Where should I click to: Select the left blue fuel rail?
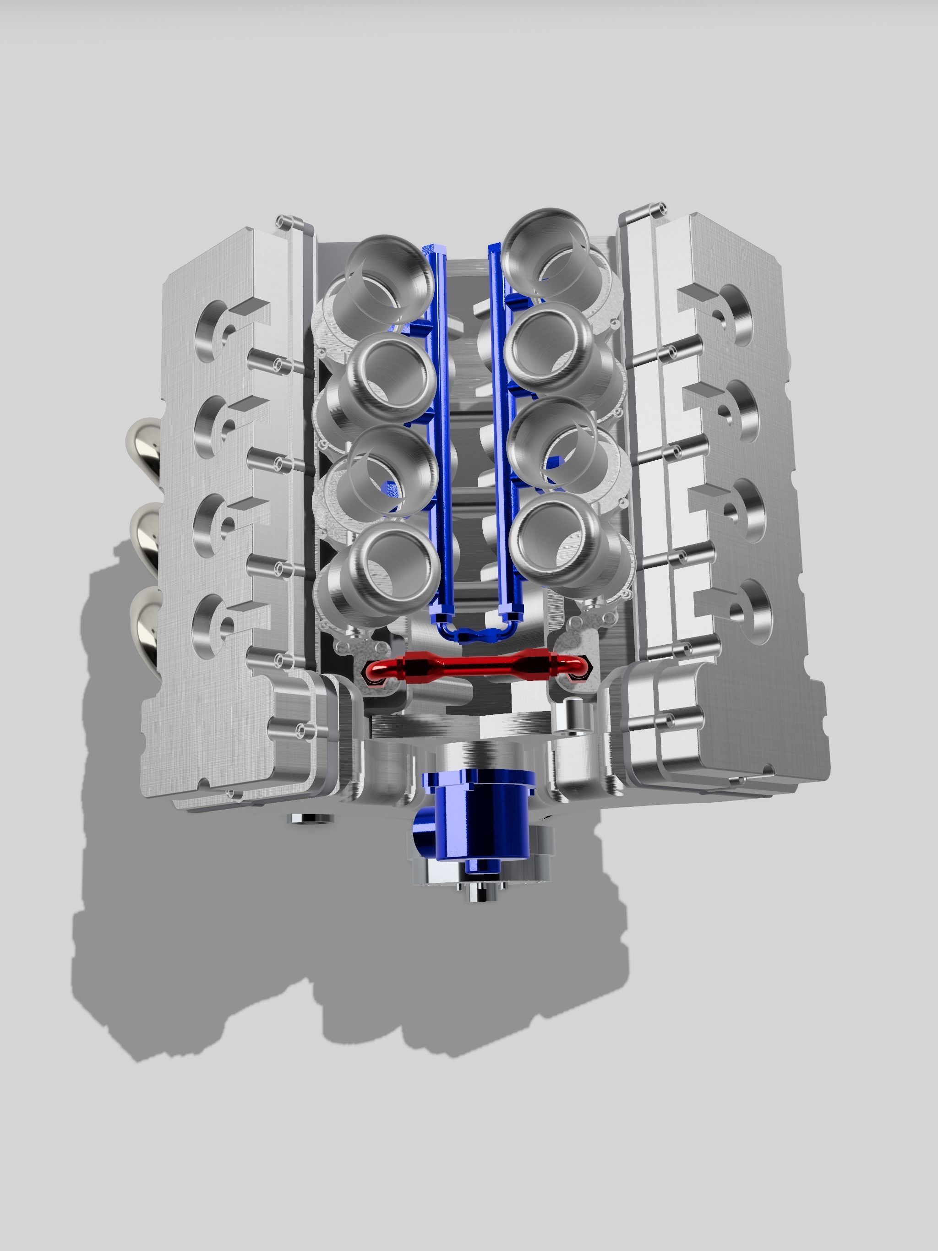tap(438, 430)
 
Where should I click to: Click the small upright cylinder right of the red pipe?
tap(572, 715)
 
